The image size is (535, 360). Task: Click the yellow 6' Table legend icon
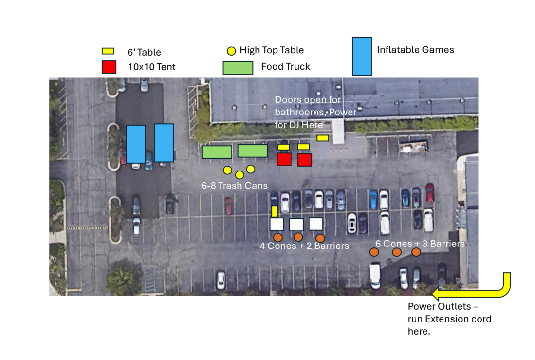(108, 51)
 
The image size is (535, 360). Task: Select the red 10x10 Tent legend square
(109, 67)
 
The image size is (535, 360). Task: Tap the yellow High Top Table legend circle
(232, 51)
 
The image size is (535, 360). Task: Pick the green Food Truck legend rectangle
(238, 68)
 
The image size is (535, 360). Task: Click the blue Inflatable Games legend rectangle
(362, 56)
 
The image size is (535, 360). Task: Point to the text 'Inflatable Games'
(415, 50)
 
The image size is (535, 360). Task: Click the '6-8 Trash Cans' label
(235, 186)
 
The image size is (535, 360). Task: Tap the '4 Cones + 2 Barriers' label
(304, 246)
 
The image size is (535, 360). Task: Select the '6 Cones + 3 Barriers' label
(420, 244)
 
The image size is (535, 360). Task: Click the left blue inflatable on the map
(136, 144)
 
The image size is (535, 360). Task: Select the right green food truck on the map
(253, 151)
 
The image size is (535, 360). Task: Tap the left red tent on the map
(284, 159)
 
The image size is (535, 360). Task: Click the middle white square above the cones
(296, 225)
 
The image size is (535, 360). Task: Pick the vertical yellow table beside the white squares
(275, 211)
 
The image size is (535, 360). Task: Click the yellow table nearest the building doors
(322, 138)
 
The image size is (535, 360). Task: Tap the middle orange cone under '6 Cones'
(397, 252)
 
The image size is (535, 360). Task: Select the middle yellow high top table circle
(240, 175)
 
